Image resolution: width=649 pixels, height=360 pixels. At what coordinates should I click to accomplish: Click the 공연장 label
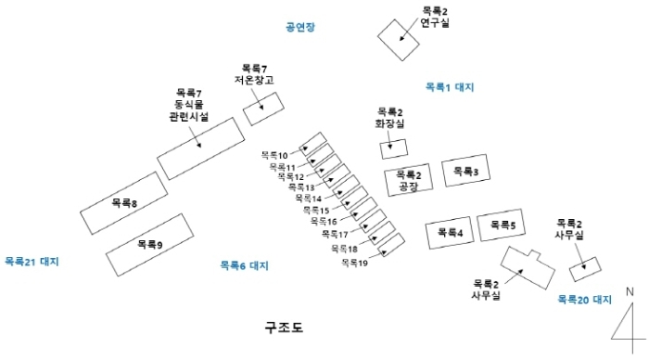click(300, 28)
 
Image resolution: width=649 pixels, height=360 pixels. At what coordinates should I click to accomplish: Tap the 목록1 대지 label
click(449, 87)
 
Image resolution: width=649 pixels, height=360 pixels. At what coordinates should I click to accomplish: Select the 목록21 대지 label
click(31, 262)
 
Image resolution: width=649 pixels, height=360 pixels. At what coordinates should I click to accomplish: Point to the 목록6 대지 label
click(244, 265)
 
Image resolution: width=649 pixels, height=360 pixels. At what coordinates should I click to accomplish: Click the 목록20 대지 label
click(585, 300)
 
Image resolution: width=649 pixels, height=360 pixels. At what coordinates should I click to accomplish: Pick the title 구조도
click(284, 328)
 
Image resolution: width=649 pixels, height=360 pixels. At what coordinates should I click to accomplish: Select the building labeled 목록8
click(124, 203)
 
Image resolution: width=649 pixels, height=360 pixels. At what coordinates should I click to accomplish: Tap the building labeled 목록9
click(149, 245)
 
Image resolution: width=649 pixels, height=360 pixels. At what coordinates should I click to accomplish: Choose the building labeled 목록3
click(464, 172)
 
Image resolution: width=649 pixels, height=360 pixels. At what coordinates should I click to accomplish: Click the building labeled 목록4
click(449, 233)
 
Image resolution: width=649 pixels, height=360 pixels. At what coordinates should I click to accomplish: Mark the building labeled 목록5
click(502, 225)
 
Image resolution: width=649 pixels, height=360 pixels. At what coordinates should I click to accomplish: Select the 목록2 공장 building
click(409, 180)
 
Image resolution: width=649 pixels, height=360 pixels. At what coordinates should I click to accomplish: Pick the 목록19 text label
click(354, 263)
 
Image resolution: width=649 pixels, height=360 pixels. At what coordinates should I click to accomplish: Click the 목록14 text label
click(308, 199)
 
